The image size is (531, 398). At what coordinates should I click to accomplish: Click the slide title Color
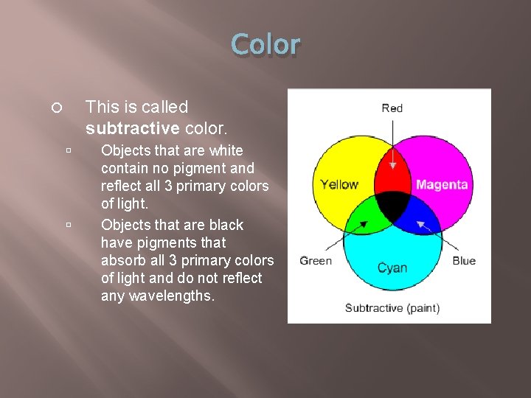click(265, 45)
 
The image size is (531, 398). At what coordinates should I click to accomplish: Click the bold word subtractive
click(132, 128)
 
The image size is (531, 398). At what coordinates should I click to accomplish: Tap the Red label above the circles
click(392, 108)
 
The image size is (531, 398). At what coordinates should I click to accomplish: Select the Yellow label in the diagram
click(339, 184)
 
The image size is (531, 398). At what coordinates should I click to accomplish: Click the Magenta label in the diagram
click(442, 184)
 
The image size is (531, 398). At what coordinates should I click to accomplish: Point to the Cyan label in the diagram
click(392, 267)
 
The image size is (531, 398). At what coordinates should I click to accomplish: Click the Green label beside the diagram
click(316, 260)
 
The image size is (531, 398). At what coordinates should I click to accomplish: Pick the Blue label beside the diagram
click(464, 260)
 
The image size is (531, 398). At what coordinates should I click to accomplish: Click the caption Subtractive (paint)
click(392, 307)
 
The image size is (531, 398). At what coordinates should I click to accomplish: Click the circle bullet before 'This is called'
click(56, 108)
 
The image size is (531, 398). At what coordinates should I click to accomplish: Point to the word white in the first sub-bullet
click(226, 150)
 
